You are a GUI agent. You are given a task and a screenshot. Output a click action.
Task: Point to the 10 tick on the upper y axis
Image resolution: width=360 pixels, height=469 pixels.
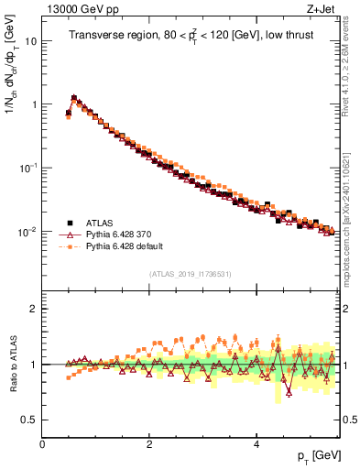coord(33,41)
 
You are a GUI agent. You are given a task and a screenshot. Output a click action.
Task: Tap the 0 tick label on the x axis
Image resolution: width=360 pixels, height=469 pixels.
coord(42,444)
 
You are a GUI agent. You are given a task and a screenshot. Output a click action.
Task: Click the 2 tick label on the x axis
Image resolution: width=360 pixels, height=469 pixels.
coord(149,444)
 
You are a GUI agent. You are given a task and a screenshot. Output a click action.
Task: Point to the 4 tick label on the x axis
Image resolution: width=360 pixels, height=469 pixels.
coord(256,444)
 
